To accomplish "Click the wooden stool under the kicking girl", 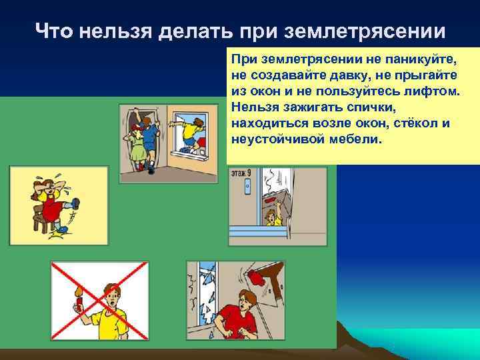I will point(43,224).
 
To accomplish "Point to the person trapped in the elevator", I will point(271,216).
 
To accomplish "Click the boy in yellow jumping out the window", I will point(191,129).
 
